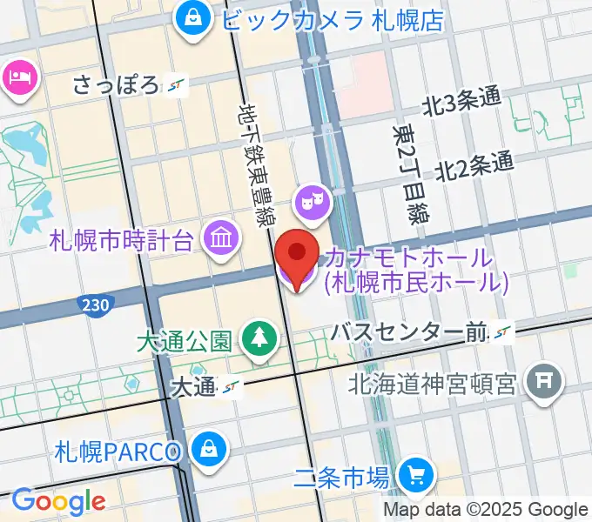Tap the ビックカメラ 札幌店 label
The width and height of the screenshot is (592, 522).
332,18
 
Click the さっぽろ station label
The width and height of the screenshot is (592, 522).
118,85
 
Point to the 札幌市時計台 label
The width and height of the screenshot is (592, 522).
121,240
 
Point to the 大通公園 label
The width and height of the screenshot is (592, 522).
183,339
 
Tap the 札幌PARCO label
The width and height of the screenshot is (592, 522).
118,452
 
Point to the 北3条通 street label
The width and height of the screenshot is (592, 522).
461,103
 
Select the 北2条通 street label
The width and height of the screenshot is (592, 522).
474,165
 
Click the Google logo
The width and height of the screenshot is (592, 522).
57,501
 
